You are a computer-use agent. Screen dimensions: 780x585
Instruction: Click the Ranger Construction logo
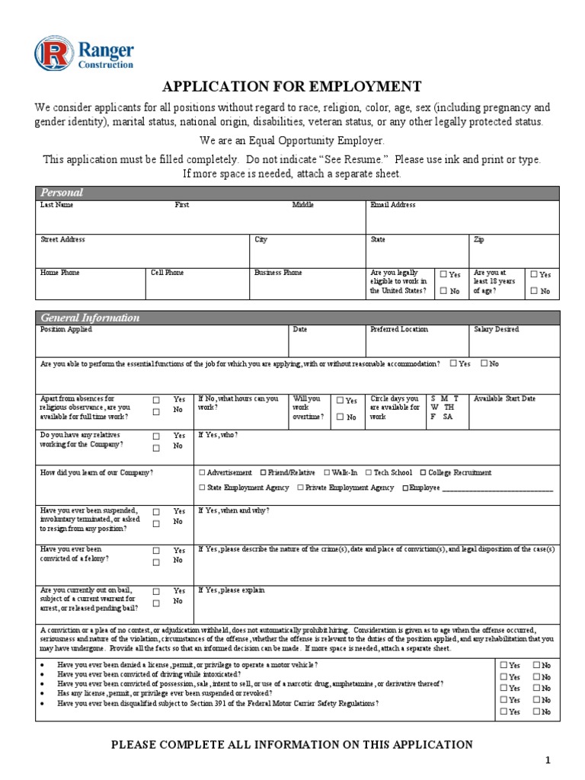[x=84, y=53]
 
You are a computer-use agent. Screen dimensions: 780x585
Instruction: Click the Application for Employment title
[x=292, y=85]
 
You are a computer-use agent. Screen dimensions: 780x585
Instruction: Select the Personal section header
[x=62, y=193]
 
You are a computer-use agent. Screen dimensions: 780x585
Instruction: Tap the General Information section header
[x=90, y=318]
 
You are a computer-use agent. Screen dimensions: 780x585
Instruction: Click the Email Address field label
[x=392, y=205]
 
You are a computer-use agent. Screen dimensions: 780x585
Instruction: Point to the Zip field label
[x=478, y=239]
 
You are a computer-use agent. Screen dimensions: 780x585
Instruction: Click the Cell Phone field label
[x=167, y=273]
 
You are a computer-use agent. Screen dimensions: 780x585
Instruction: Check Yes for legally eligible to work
[x=443, y=274]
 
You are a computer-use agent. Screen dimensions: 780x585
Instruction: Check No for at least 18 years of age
[x=534, y=291]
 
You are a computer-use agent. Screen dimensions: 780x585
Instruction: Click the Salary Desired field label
[x=496, y=329]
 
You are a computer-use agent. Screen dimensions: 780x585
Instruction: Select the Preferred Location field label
[x=399, y=329]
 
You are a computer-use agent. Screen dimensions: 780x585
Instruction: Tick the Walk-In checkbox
[x=327, y=472]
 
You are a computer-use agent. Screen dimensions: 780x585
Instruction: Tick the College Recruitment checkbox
[x=423, y=472]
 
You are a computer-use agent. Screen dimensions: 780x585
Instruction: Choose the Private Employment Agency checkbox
[x=301, y=487]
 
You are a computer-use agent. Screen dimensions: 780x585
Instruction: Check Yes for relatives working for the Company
[x=156, y=436]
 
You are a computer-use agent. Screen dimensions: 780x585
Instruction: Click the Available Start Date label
[x=504, y=398]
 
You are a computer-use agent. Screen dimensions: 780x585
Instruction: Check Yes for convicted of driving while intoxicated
[x=503, y=676]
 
